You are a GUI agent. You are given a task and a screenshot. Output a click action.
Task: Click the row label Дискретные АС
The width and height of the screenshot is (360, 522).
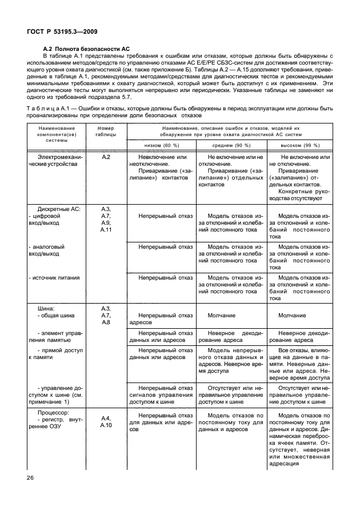tap(59, 209)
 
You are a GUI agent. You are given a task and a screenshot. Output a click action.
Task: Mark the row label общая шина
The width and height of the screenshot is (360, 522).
tap(57, 315)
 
